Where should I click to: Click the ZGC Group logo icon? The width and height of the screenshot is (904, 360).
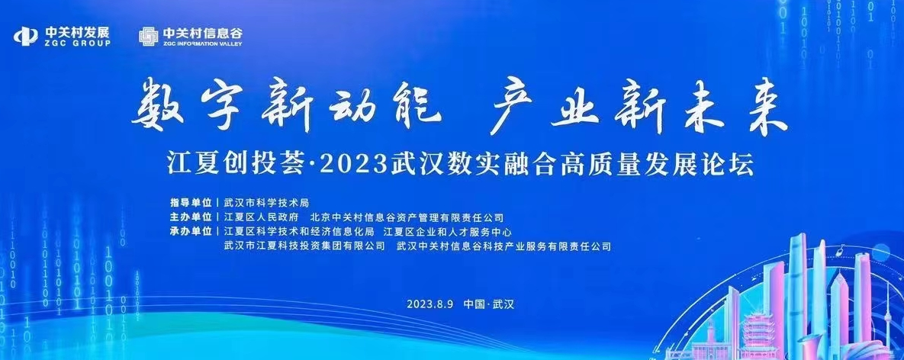click(26, 36)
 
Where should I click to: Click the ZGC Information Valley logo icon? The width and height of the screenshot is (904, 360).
click(148, 36)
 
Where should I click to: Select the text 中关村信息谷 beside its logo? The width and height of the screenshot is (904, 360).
click(203, 32)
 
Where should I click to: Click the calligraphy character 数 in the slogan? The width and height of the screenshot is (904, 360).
click(157, 105)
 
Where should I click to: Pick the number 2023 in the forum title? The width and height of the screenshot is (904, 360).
click(352, 166)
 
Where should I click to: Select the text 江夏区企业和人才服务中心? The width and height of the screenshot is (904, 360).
click(448, 232)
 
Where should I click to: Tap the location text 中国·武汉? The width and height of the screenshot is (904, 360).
click(488, 304)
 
